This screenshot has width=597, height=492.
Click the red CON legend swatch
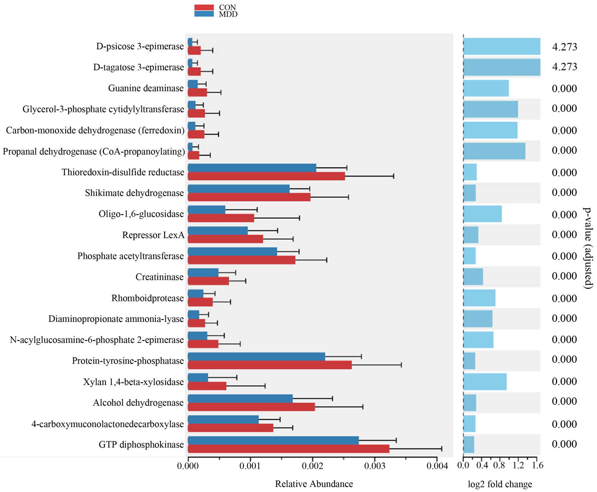click(x=204, y=7)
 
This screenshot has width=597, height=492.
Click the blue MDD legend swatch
click(x=204, y=14)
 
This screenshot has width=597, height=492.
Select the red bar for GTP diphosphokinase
click(x=288, y=449)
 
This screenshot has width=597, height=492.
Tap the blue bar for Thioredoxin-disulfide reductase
click(x=252, y=168)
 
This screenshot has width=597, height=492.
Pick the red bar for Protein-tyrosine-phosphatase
click(x=270, y=365)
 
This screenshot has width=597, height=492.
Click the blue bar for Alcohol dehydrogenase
click(x=240, y=399)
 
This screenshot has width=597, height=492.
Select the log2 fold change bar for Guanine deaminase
click(x=486, y=88)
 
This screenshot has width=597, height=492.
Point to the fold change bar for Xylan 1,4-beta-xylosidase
click(x=485, y=382)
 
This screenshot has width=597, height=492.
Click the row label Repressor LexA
click(x=153, y=235)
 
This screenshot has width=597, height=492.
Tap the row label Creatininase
click(x=159, y=277)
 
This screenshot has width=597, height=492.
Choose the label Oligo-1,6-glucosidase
click(x=141, y=214)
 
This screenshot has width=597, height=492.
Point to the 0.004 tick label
click(x=437, y=466)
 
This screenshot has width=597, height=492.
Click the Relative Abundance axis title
click(x=314, y=484)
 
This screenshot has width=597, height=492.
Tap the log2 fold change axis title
click(x=500, y=484)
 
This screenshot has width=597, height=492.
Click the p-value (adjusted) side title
click(x=588, y=248)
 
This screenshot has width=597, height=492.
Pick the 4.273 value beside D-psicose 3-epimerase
click(x=564, y=47)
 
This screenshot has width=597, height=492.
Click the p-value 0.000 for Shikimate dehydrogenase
click(x=564, y=192)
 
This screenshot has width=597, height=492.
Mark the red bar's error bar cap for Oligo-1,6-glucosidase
click(x=299, y=218)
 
